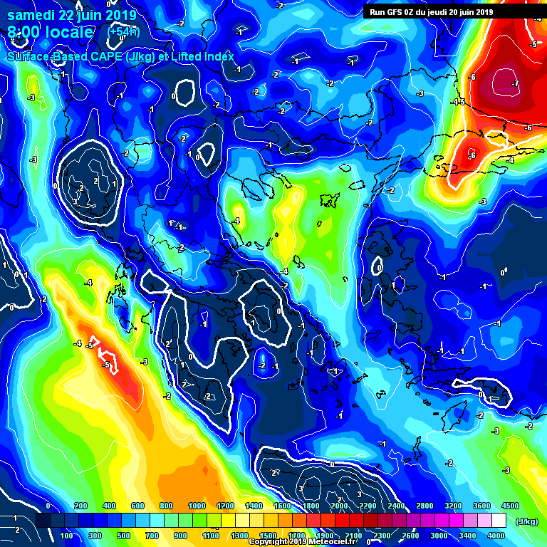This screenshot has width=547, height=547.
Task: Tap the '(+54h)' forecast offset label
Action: pyautogui.click(x=122, y=31)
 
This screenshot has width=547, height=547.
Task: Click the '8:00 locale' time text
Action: pyautogui.click(x=50, y=32)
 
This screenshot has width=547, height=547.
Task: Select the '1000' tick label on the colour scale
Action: pyautogui.click(x=197, y=506)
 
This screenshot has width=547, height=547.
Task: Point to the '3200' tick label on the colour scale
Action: pyautogui.click(x=452, y=506)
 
